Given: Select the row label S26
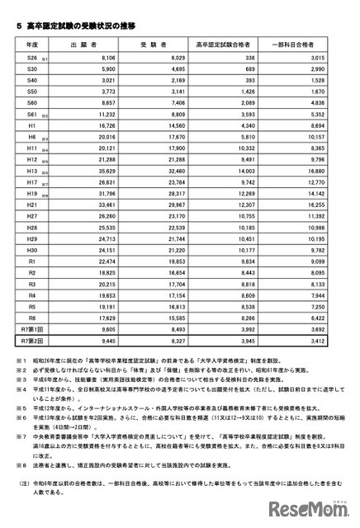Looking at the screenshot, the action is pyautogui.click(x=31, y=58).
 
